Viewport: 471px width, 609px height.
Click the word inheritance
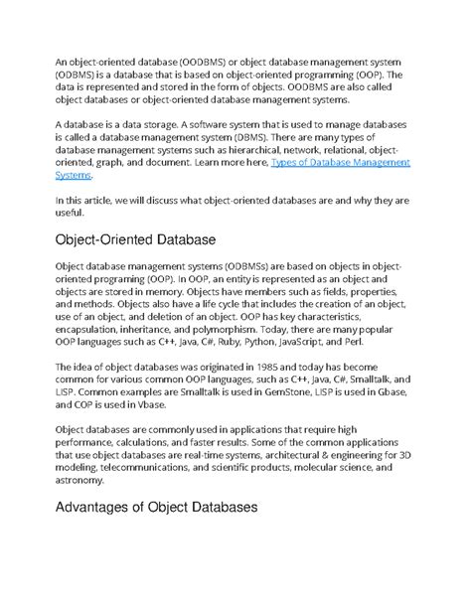pyautogui.click(x=171, y=323)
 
